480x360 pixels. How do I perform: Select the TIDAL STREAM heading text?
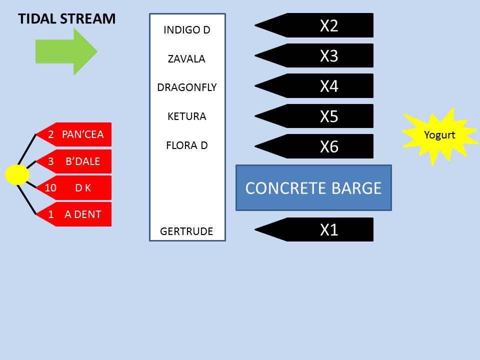[66, 19]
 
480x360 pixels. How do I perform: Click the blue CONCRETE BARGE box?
[313, 188]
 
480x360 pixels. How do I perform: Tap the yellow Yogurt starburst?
[439, 134]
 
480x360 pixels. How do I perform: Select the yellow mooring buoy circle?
[17, 174]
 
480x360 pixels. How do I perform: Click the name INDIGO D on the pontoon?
[186, 30]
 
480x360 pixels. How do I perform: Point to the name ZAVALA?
[186, 59]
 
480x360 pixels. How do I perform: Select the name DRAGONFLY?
[186, 87]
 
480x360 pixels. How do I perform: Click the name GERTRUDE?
[186, 231]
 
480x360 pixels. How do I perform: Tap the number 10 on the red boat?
[50, 188]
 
